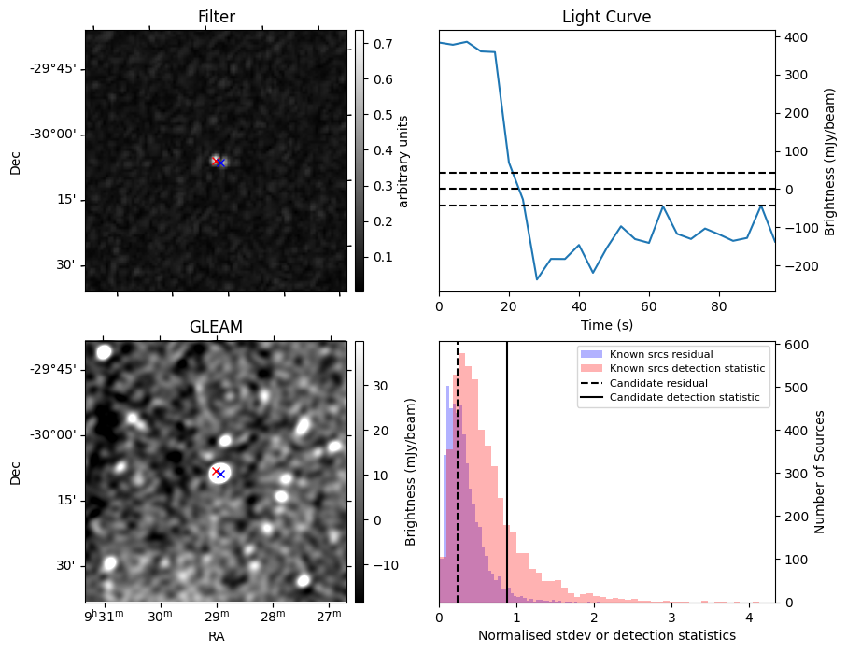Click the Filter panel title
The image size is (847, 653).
[x=216, y=18]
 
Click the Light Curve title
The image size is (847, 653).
[x=606, y=18]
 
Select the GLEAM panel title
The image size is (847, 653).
[x=216, y=327]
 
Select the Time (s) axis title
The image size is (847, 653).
[x=606, y=323]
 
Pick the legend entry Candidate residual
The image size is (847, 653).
[x=658, y=384]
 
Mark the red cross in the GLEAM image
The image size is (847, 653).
[x=216, y=472]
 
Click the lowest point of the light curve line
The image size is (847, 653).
[x=537, y=279]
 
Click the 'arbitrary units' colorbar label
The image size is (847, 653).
[x=403, y=161]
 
